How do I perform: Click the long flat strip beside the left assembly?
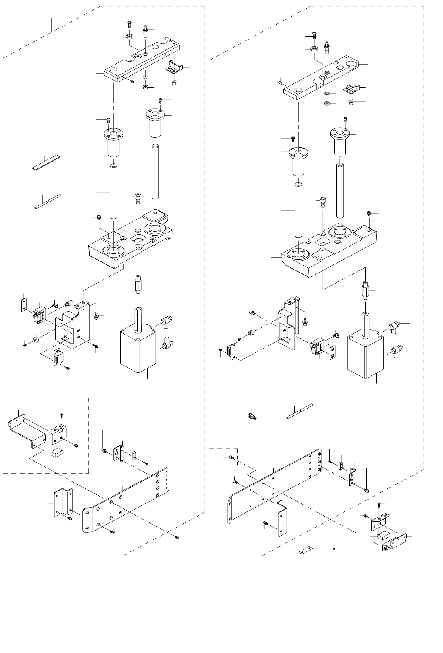tap(46, 163)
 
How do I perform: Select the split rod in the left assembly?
tap(48, 202)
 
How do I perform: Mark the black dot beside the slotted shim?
tap(335, 549)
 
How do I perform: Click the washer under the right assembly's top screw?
tap(315, 49)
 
